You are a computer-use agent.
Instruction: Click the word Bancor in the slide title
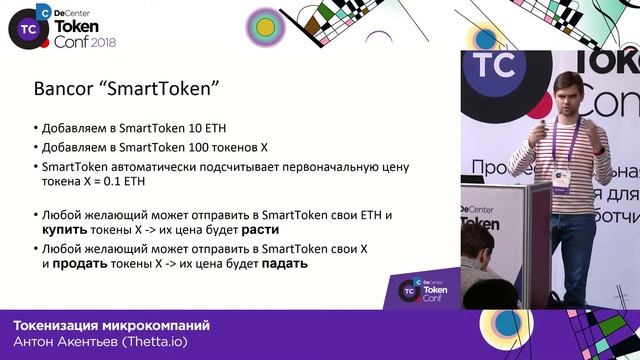tap(61, 88)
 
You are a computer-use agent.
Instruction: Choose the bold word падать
tap(284, 265)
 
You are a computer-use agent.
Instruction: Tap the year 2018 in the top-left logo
tap(105, 43)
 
